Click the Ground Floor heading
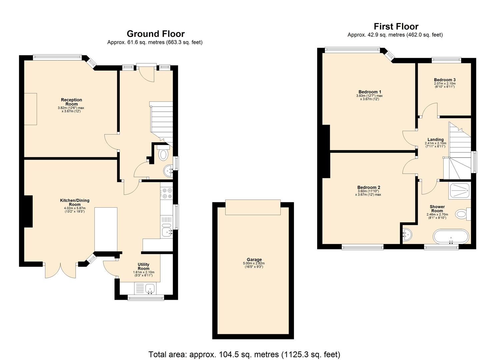point(155,34)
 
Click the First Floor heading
point(396,26)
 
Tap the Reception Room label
point(71,102)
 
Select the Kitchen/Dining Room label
point(75,202)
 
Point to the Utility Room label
point(144,266)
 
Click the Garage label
point(254,260)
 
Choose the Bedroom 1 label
point(370,92)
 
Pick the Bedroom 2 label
point(369,187)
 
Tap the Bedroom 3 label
point(445,80)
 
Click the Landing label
point(435,139)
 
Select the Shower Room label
point(437,209)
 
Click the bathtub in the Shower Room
point(451,236)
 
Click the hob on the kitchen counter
point(166,194)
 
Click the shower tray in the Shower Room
point(459,191)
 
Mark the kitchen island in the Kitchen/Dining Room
point(106,229)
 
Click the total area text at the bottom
point(244,354)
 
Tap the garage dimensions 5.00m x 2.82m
point(254,263)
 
